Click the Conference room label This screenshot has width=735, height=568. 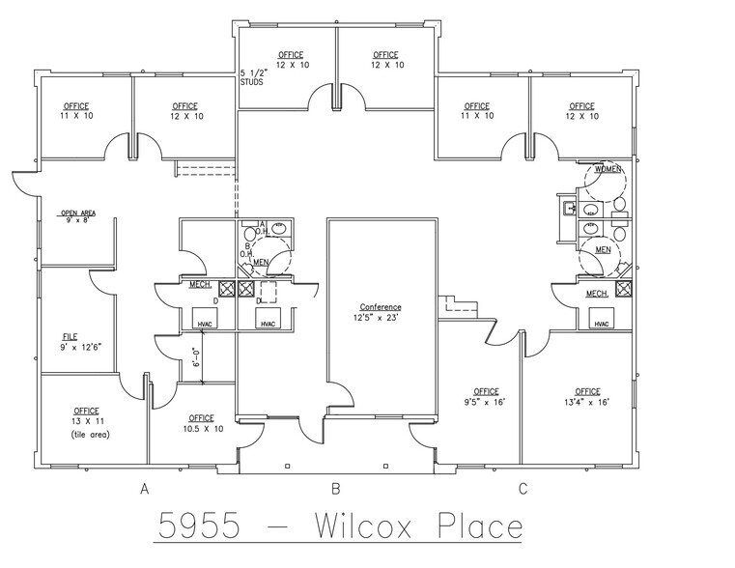click(381, 307)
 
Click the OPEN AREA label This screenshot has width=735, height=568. click(78, 213)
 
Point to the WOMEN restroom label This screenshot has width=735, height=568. click(608, 169)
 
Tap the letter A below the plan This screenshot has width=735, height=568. click(144, 488)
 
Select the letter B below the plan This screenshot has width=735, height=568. click(336, 488)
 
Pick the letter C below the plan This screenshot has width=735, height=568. click(523, 488)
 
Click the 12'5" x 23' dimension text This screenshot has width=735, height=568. click(381, 316)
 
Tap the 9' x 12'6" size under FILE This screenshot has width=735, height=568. click(78, 345)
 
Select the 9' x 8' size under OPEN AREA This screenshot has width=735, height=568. click(76, 221)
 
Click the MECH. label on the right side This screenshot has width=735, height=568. click(596, 293)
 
